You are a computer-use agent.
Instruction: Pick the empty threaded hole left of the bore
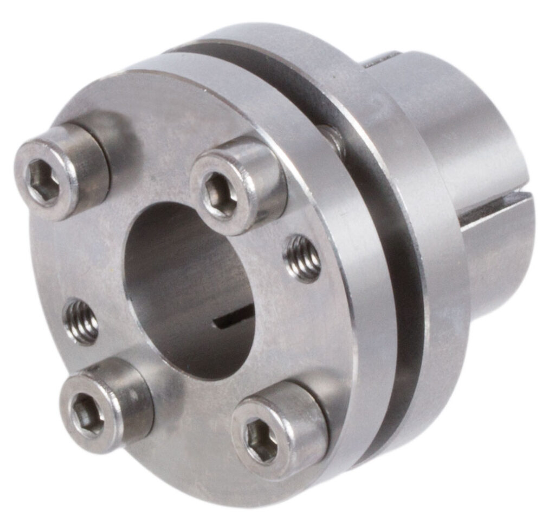point(81,322)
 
